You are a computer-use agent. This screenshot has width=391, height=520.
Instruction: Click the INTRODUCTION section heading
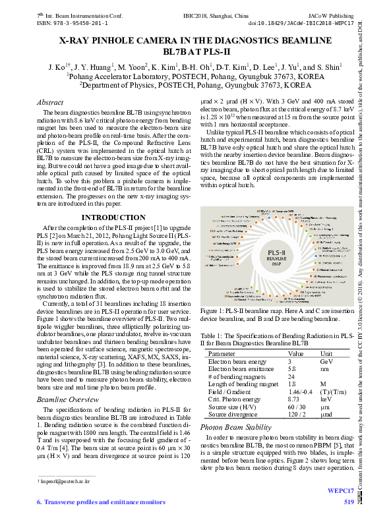pos(108,217)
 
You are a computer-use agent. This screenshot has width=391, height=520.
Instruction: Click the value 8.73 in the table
pos(294,399)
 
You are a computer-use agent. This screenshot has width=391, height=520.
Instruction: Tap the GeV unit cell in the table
pos(326,362)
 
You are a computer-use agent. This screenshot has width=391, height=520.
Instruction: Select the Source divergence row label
pos(232,415)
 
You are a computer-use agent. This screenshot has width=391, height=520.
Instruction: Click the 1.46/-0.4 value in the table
pos(301,391)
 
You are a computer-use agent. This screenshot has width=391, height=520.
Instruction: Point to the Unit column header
pos(326,353)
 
